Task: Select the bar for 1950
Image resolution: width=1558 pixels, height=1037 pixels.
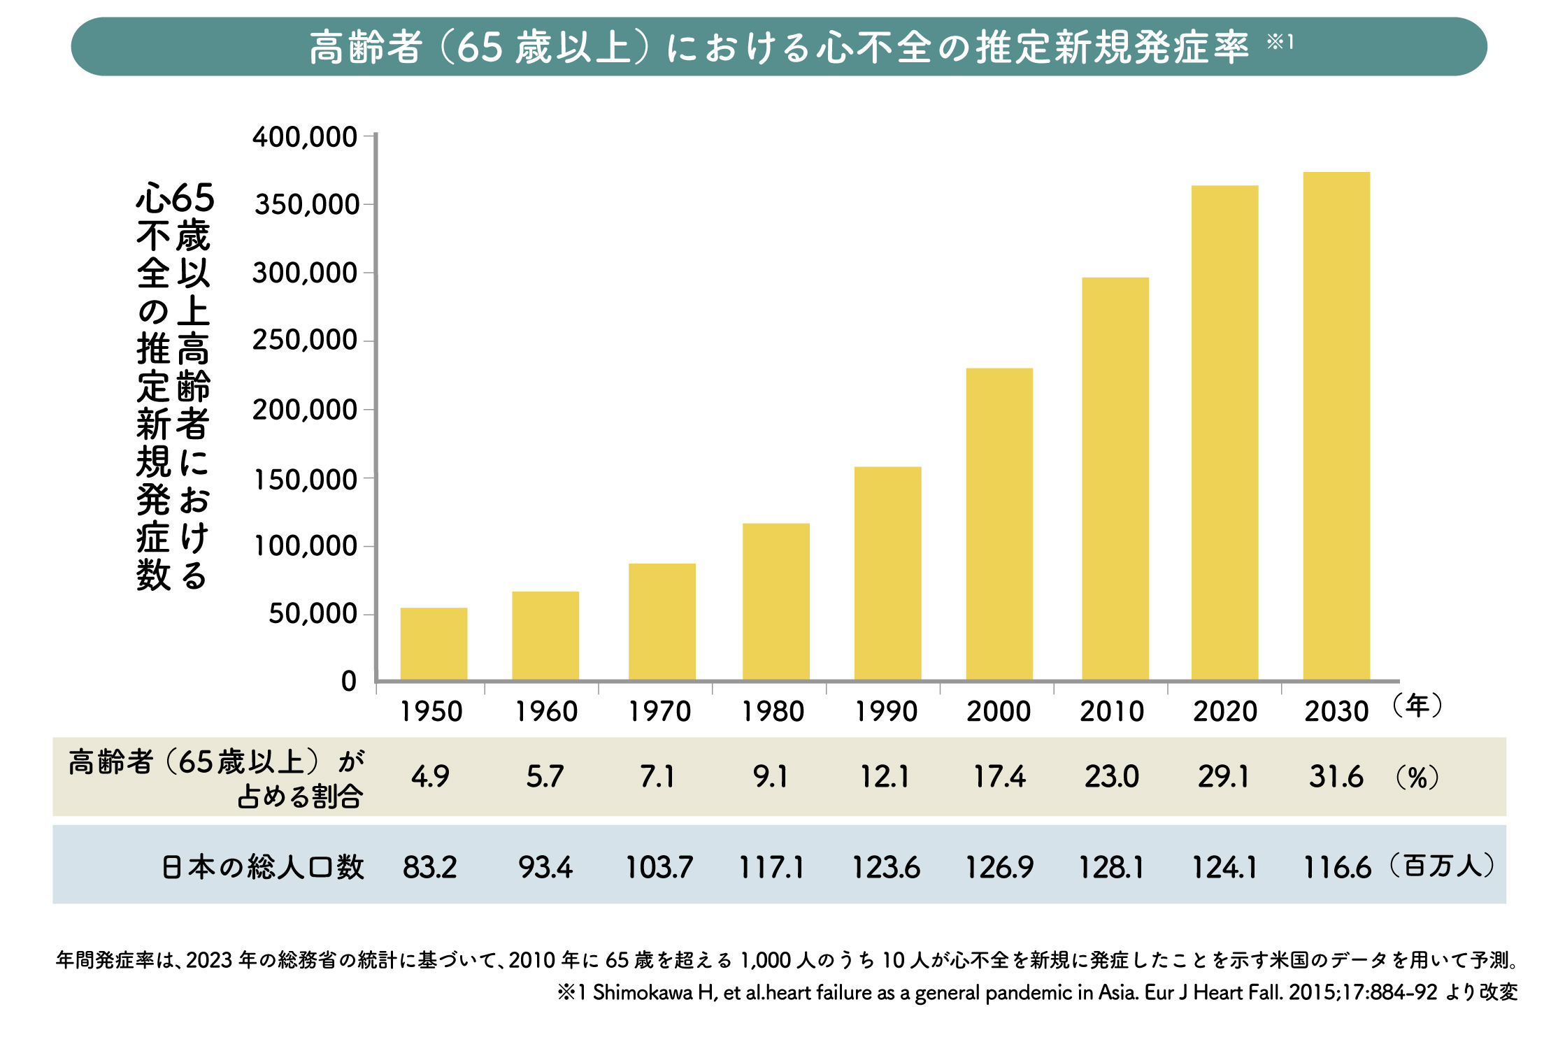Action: click(434, 643)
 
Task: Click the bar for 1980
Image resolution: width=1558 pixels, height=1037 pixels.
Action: click(776, 601)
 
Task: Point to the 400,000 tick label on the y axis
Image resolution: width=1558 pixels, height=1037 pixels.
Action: click(305, 137)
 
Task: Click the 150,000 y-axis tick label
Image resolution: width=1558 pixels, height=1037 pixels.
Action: click(306, 480)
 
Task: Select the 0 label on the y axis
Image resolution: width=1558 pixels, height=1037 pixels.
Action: click(348, 681)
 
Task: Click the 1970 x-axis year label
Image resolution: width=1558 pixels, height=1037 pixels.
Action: click(659, 712)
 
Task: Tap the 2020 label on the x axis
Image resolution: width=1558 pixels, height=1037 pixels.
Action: click(1224, 712)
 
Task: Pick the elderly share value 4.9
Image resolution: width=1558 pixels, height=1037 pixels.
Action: click(430, 777)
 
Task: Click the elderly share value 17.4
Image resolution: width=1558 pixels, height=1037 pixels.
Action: click(999, 777)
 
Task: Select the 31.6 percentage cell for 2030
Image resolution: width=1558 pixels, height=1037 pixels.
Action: click(1336, 777)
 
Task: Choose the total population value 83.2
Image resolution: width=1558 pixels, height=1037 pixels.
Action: click(429, 868)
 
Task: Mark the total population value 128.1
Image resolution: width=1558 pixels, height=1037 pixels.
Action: click(1111, 868)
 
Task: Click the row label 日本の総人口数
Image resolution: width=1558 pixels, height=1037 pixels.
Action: click(263, 867)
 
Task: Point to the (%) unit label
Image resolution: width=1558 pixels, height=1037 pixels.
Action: click(1417, 777)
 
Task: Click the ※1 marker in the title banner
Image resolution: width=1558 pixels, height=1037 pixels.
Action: click(1280, 43)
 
